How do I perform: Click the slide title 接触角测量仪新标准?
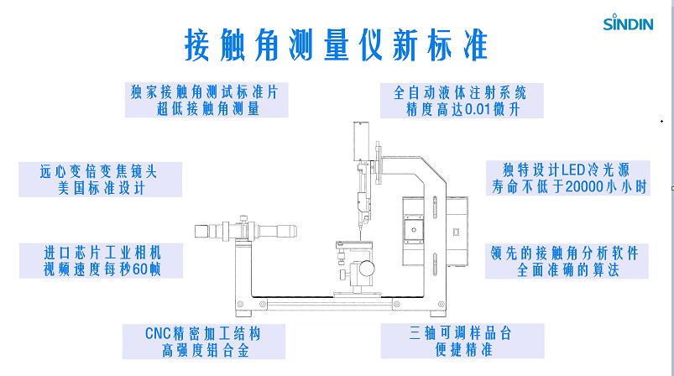pyautogui.click(x=337, y=45)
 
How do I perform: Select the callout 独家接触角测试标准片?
pyautogui.click(x=206, y=91)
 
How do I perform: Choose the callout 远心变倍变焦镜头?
pyautogui.click(x=99, y=170)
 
